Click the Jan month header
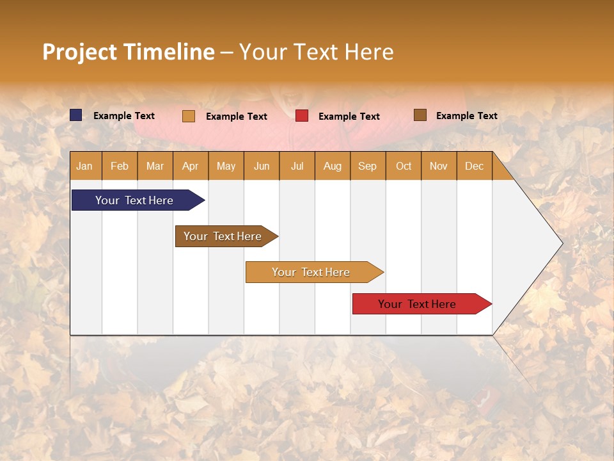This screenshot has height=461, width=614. (84, 166)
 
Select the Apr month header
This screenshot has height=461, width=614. (190, 166)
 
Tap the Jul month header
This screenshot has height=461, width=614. (297, 166)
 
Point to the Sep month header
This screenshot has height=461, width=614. (367, 166)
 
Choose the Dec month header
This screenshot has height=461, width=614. (474, 166)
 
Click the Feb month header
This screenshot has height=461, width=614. (120, 166)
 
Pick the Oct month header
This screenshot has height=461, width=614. (404, 166)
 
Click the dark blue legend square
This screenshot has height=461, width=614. (76, 115)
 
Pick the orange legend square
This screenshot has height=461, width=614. (189, 116)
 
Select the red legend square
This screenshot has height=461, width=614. (302, 116)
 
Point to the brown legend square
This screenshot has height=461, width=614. (420, 115)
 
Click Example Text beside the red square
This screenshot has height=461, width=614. (349, 117)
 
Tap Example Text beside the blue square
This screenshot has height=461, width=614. (123, 116)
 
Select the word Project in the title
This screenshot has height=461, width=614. (79, 52)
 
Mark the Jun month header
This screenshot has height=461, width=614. (261, 166)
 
